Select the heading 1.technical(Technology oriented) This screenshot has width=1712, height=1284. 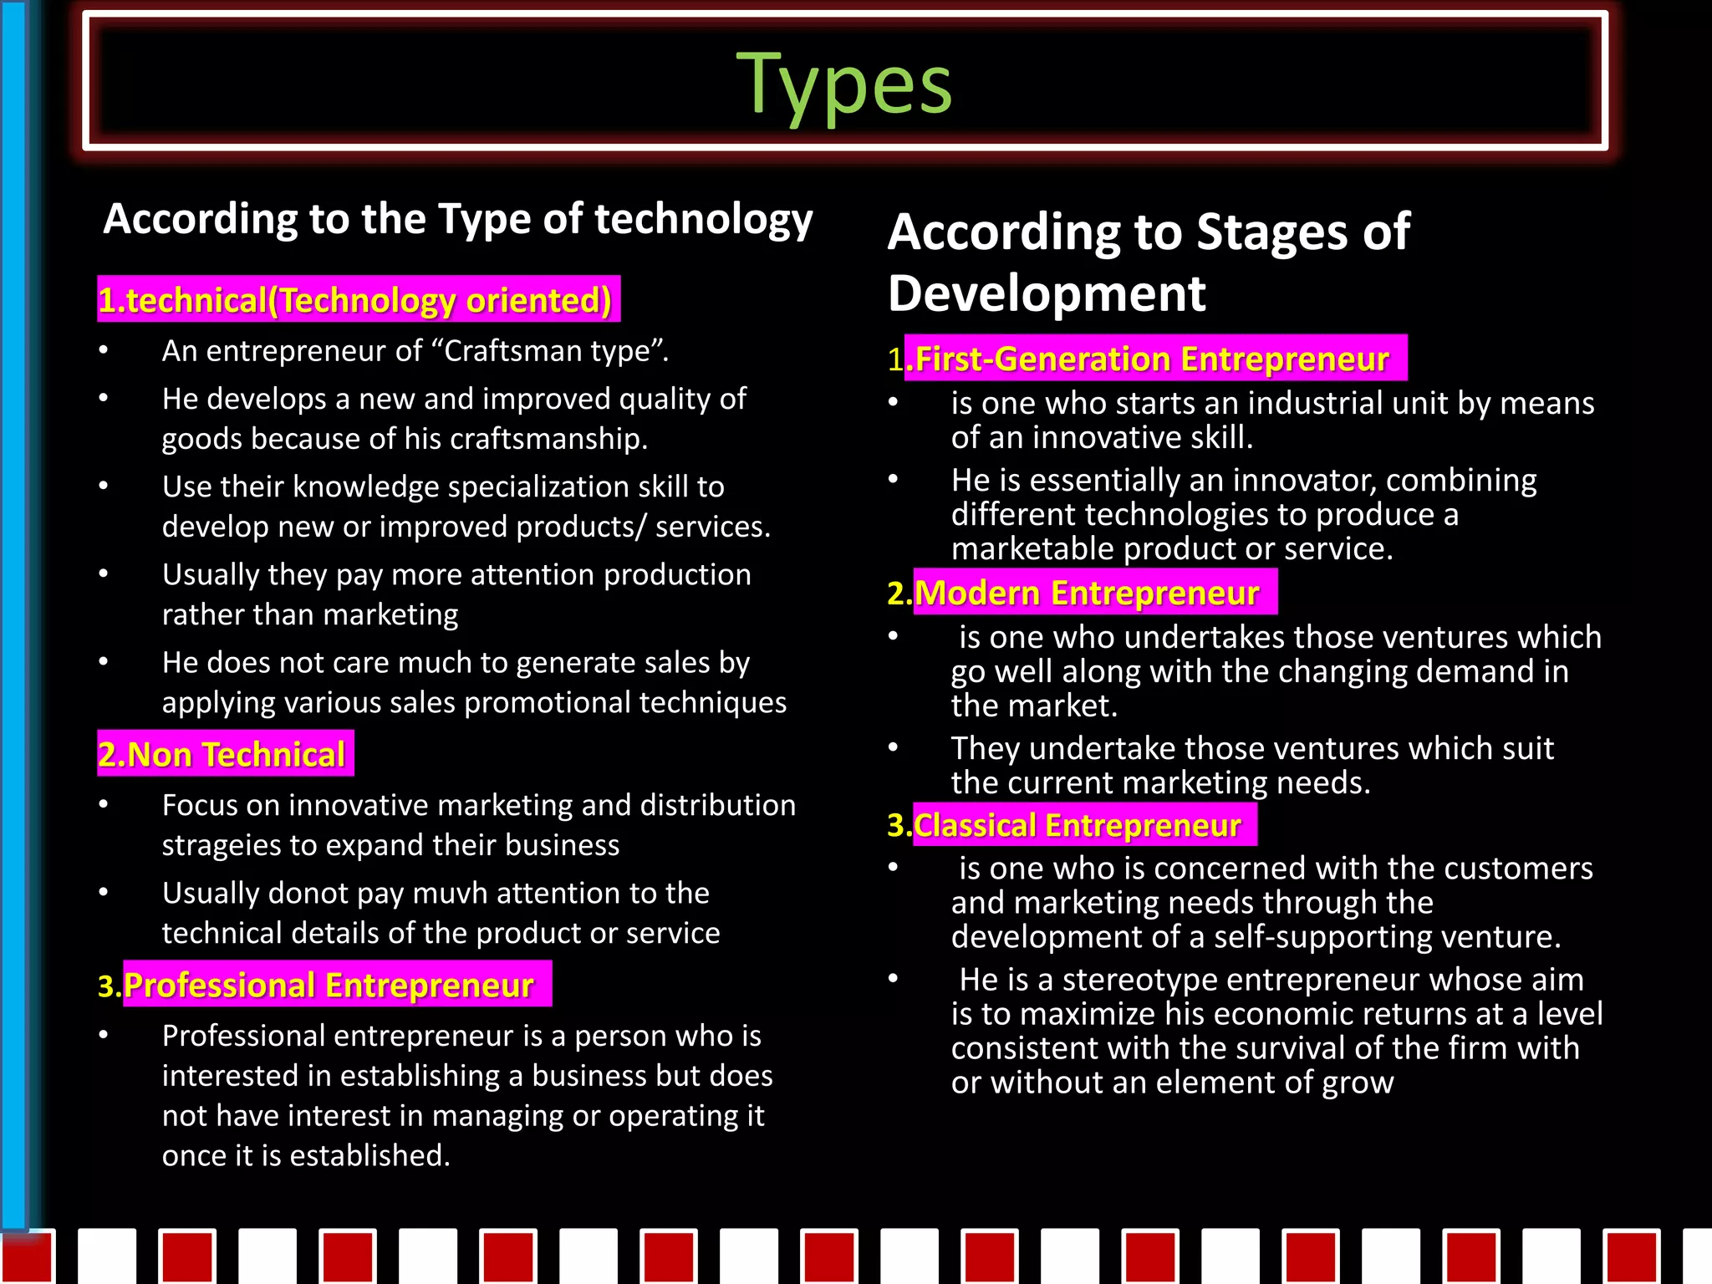point(357,300)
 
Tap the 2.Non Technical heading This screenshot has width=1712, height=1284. point(223,754)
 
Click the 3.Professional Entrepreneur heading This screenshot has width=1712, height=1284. point(327,985)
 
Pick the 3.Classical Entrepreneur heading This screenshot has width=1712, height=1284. point(1071,825)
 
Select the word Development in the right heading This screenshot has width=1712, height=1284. point(1047,293)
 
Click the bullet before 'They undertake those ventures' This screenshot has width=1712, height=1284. point(893,747)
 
